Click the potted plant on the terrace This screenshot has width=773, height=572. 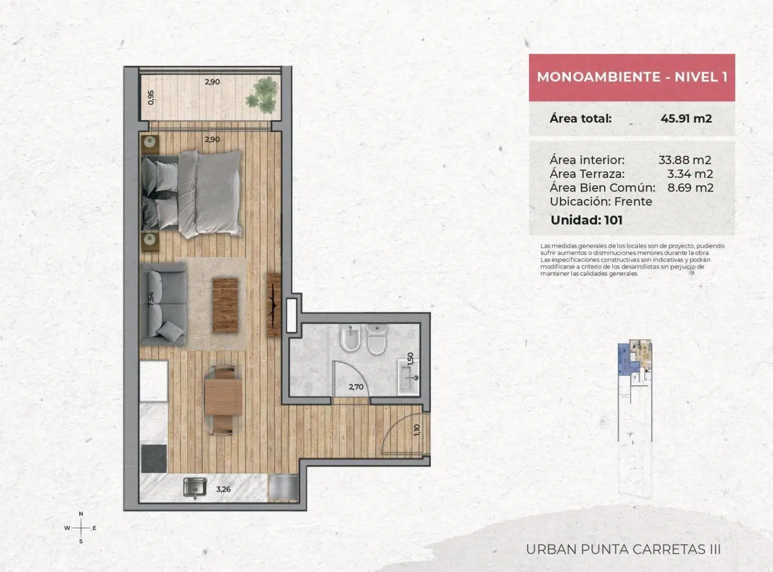click(263, 95)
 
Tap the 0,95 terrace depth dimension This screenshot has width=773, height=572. click(151, 97)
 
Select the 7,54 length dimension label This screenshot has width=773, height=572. click(151, 299)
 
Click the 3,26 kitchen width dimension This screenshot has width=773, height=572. click(223, 489)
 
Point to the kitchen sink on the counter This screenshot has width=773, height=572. click(195, 487)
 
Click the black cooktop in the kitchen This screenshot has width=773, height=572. click(153, 459)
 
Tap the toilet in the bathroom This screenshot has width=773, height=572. click(377, 339)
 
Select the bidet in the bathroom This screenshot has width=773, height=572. click(350, 339)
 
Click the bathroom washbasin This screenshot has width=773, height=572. click(408, 377)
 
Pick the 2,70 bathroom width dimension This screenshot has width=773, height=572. click(356, 387)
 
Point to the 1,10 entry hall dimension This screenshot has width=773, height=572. click(417, 430)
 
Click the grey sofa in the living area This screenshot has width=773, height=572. click(163, 304)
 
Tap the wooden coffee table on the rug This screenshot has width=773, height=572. click(225, 306)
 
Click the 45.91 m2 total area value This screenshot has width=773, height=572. click(686, 119)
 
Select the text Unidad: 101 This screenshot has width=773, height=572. click(587, 220)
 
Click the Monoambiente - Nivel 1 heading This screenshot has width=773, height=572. click(632, 77)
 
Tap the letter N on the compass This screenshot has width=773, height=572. click(81, 514)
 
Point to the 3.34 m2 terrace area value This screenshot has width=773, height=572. click(690, 174)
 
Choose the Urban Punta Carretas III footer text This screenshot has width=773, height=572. click(623, 549)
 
